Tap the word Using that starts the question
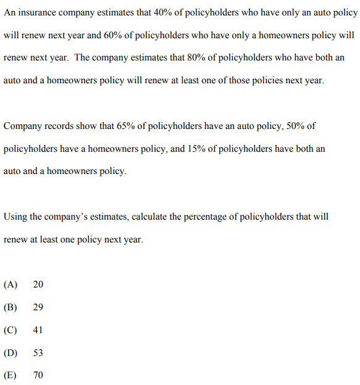[x=16, y=217]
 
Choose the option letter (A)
[x=10, y=284]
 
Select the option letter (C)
[x=10, y=330]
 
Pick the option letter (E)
[x=10, y=375]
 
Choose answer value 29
[x=38, y=307]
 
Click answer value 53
[x=38, y=353]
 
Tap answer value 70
[x=38, y=375]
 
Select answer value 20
[x=38, y=284]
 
